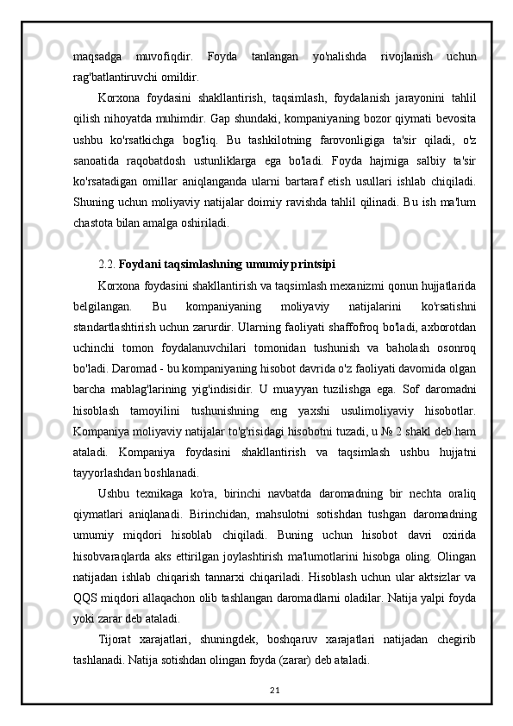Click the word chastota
pyautogui.click(x=95, y=222)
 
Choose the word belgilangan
pyautogui.click(x=102, y=303)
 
